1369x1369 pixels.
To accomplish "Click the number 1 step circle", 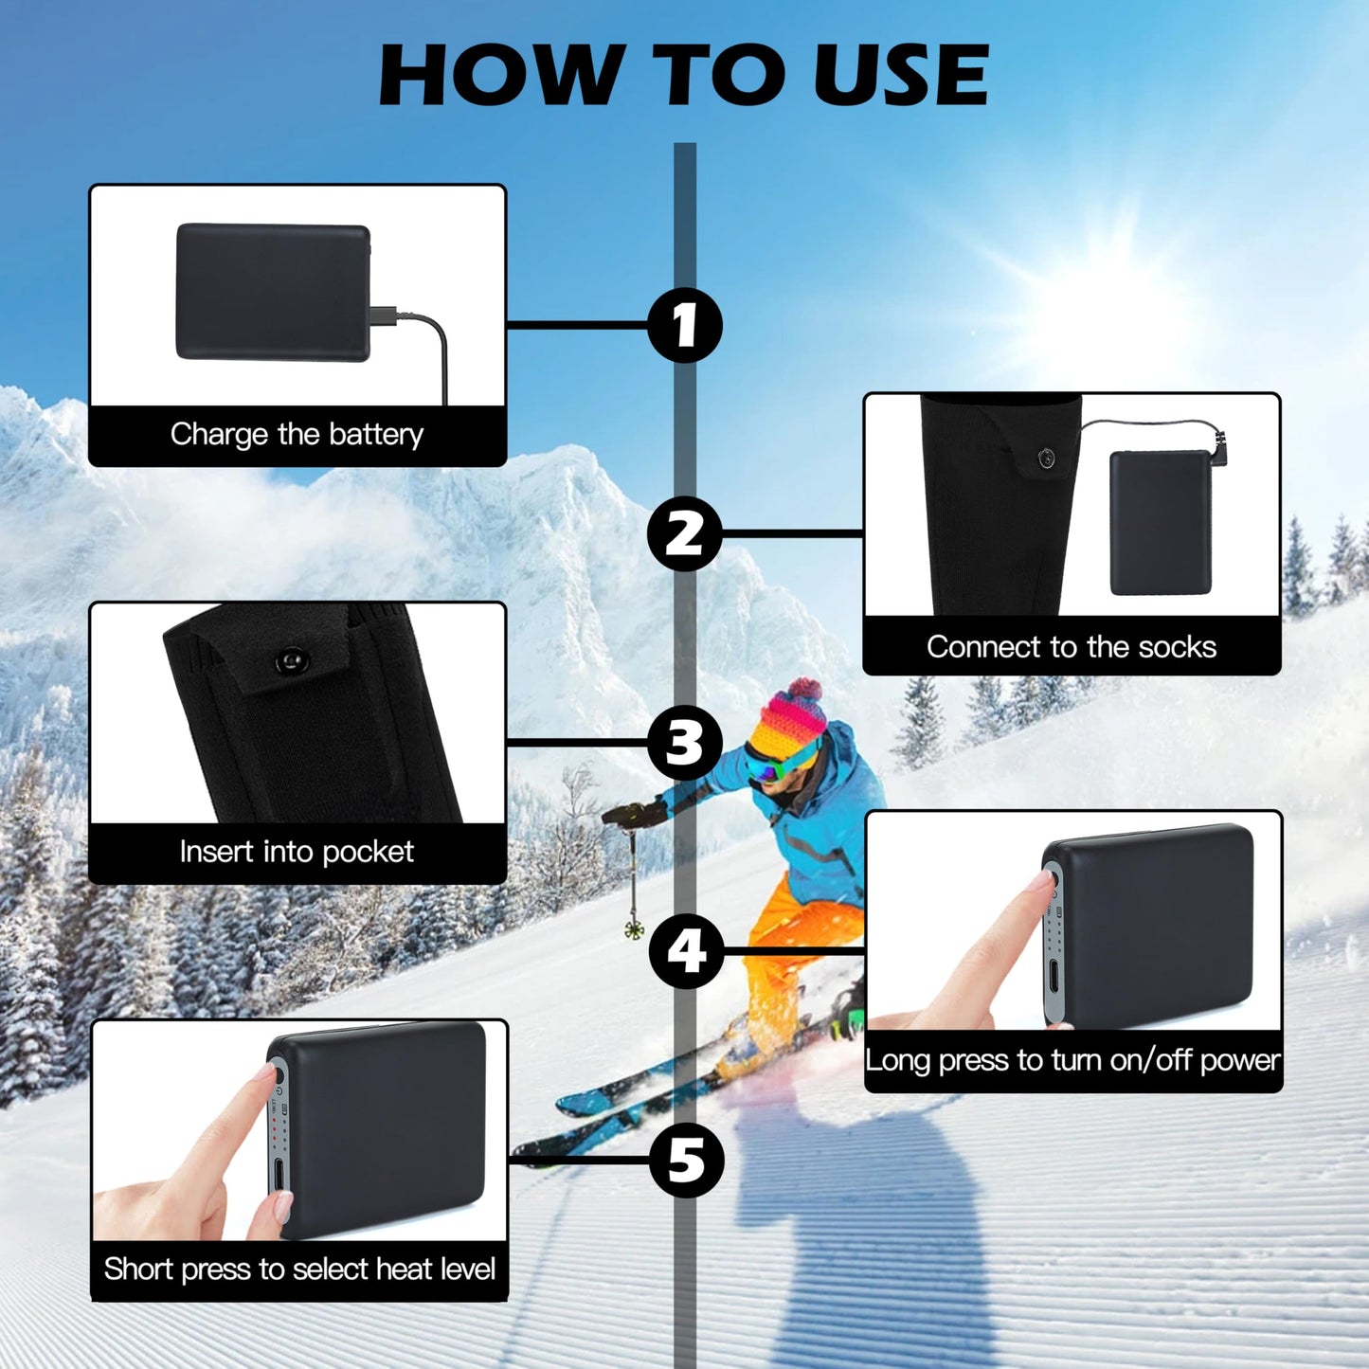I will click(x=685, y=325).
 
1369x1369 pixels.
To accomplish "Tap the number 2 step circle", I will click(x=685, y=533).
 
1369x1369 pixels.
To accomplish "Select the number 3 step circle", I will click(x=685, y=743).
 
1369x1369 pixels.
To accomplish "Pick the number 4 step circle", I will click(x=686, y=950).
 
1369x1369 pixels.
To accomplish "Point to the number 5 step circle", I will click(x=686, y=1160).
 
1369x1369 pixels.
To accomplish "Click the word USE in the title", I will click(x=900, y=76).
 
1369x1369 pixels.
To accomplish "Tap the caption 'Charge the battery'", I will click(x=297, y=435).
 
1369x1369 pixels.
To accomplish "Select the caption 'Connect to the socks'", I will click(x=1072, y=647).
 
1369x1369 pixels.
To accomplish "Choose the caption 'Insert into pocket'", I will click(x=297, y=852).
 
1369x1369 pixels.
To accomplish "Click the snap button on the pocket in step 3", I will click(x=289, y=659).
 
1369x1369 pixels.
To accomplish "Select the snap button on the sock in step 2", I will click(x=1047, y=459).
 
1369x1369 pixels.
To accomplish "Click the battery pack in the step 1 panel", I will click(x=273, y=292).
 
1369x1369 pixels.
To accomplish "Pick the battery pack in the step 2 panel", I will click(x=1161, y=523).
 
